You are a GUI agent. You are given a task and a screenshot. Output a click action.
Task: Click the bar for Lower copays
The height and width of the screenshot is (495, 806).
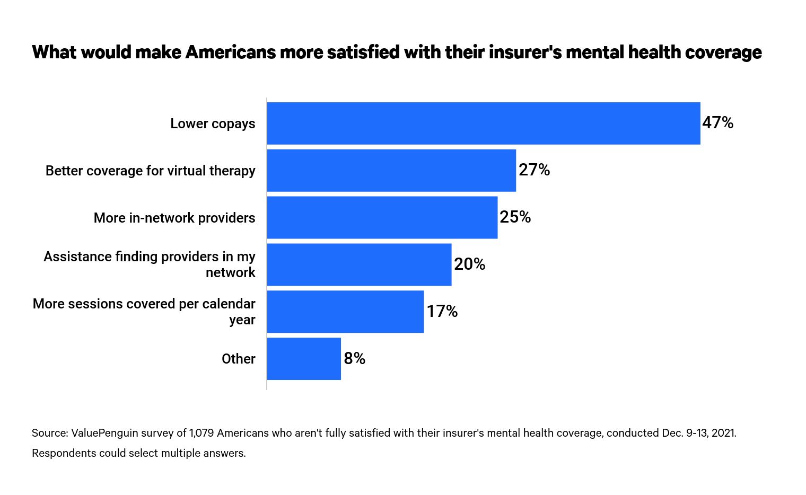point(484,123)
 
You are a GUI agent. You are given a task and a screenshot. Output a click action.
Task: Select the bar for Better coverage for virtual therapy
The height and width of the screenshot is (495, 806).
point(391,170)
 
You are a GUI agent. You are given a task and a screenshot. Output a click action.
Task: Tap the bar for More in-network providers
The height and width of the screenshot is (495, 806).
point(382,217)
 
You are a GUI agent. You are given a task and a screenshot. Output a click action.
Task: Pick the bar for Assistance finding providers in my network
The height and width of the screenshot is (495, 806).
point(359,264)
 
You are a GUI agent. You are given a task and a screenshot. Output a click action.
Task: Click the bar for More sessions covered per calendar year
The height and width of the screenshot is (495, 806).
point(345,312)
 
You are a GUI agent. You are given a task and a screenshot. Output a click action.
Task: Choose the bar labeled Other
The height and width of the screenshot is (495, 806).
point(304,359)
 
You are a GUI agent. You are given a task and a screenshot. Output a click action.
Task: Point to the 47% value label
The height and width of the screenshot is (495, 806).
point(717,123)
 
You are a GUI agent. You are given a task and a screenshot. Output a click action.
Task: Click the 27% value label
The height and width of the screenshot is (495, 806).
point(534,170)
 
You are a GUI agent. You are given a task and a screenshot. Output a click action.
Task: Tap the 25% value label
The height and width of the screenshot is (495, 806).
point(515,217)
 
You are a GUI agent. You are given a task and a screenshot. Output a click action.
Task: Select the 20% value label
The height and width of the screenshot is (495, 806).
point(469,264)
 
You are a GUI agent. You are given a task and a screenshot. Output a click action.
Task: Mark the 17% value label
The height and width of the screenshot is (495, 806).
point(442,312)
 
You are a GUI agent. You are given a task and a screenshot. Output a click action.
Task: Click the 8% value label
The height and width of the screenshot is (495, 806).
point(354,359)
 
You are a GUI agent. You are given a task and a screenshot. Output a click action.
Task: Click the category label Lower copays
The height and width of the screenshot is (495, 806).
point(213,123)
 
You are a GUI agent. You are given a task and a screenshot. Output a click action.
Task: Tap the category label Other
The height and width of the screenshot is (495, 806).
point(238,359)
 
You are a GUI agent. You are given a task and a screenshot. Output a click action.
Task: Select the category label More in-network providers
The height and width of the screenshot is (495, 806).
point(174,218)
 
